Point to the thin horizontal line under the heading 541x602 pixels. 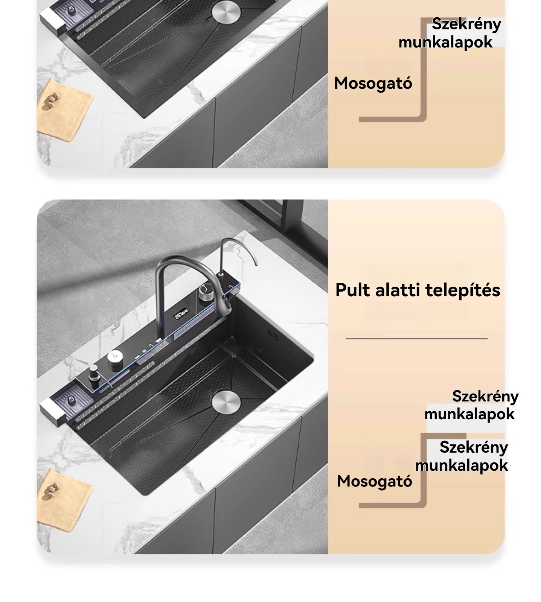417,339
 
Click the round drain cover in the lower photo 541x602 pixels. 226,401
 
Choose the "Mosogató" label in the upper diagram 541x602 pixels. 373,83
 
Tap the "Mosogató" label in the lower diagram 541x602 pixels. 375,481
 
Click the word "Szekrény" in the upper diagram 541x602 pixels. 466,24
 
